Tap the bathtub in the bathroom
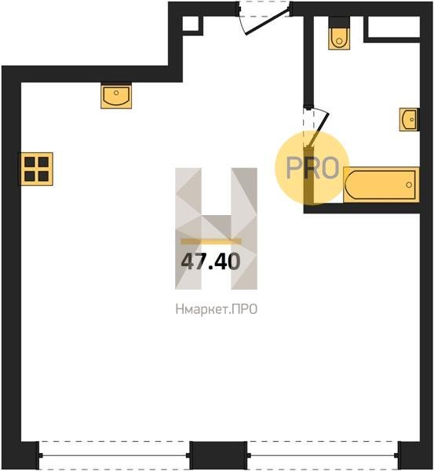[381, 184]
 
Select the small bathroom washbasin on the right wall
[409, 119]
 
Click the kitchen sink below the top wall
[116, 96]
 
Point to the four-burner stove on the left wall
[36, 169]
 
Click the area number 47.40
[210, 261]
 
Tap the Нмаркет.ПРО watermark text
[217, 309]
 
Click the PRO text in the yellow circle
[312, 167]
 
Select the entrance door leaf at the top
[268, 22]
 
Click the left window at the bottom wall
[114, 455]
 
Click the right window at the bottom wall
[323, 455]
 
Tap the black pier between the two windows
[218, 455]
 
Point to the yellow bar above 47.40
[211, 242]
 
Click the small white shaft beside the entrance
[191, 24]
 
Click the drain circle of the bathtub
[409, 184]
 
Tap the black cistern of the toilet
[339, 22]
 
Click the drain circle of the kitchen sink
[116, 93]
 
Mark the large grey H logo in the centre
[217, 228]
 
